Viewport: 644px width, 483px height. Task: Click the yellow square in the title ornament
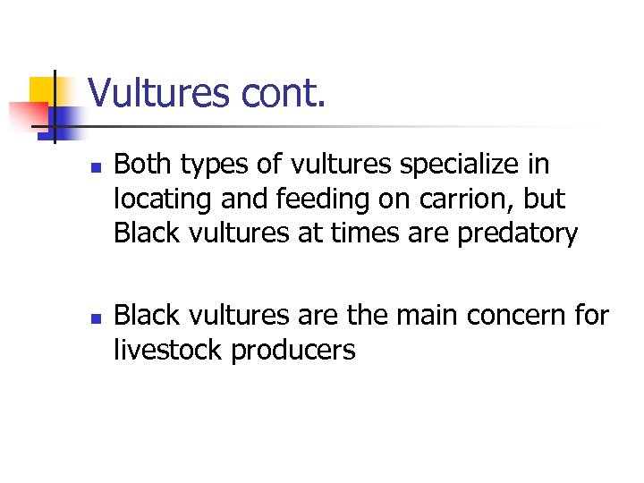tap(42, 89)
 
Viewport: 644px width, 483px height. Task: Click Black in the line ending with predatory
tap(147, 233)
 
